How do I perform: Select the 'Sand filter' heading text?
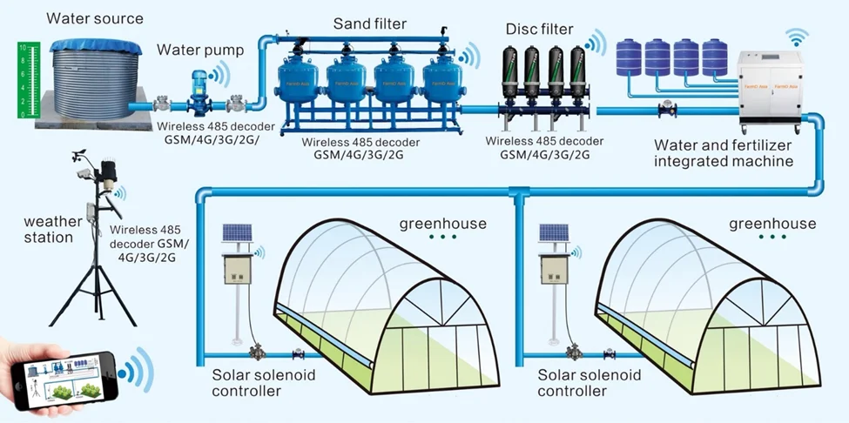click(370, 22)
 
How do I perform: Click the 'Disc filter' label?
click(539, 30)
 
